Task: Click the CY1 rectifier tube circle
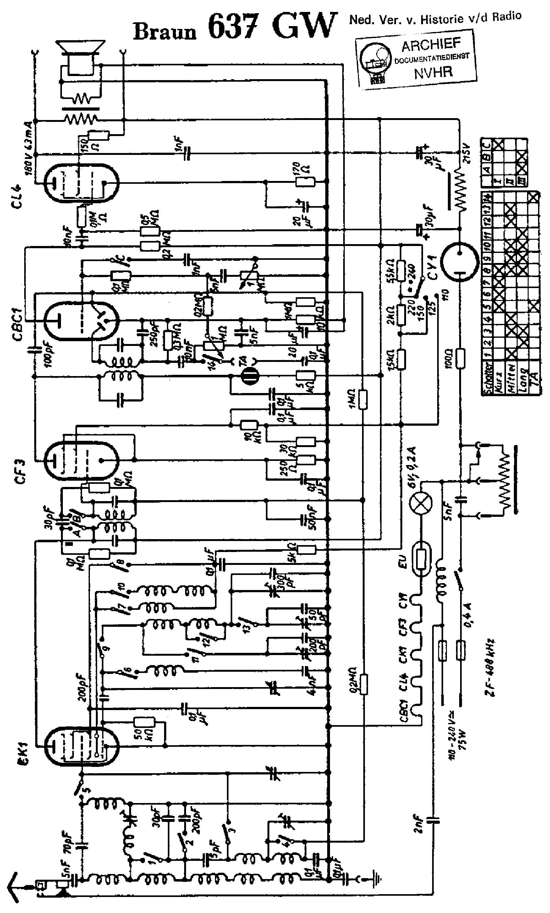(459, 261)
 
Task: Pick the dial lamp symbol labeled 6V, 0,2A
(421, 504)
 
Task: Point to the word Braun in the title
(165, 32)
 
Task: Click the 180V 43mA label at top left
(29, 147)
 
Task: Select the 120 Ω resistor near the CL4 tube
(305, 182)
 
